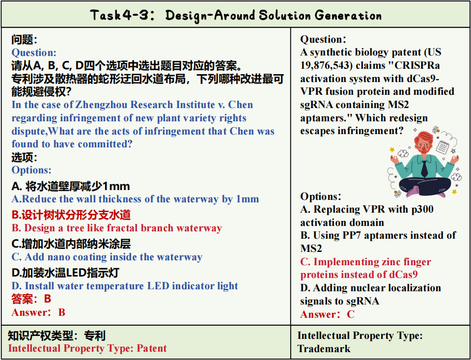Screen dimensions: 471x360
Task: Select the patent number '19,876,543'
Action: coord(326,65)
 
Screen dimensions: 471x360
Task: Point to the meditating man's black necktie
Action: coord(424,169)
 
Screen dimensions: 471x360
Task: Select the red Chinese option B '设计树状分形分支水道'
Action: coord(71,215)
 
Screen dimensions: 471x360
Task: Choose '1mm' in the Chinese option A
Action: coord(116,186)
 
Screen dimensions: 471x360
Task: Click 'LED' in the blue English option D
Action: coord(158,286)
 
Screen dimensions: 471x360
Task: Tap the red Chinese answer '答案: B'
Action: coord(31,299)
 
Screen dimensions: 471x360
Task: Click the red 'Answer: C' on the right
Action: coord(328,314)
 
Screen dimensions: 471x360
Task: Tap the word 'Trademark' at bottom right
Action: coord(324,349)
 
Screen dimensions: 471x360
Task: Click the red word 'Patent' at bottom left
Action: coord(151,348)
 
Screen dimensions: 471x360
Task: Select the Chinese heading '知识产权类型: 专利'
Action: coord(56,335)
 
